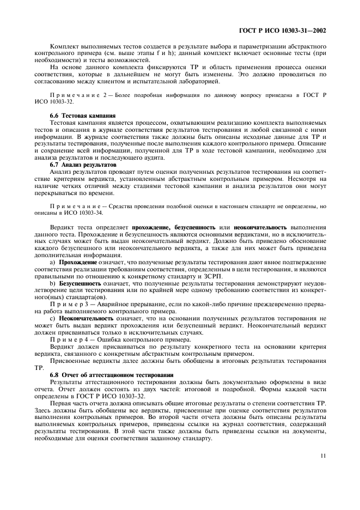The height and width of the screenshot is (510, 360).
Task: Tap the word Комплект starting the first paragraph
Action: (x=64, y=46)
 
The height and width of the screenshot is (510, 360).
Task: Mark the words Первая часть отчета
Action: (x=81, y=403)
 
